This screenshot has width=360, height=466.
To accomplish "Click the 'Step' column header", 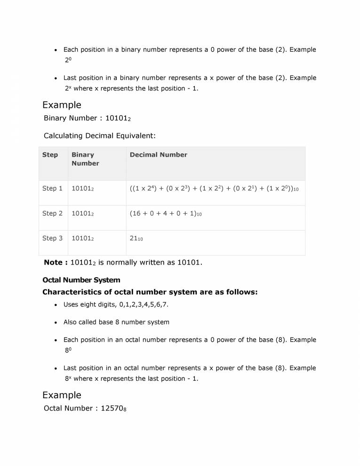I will click(x=50, y=155).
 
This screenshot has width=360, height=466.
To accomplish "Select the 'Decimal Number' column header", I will click(x=158, y=155).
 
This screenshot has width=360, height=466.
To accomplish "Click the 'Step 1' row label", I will click(x=52, y=188).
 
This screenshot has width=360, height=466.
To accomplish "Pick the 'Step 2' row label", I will click(x=52, y=213).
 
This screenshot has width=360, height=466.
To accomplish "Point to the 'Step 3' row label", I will click(x=52, y=238).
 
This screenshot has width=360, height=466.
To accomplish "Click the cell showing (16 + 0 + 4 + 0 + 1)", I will click(x=166, y=214).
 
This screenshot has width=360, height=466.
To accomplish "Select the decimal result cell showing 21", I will click(x=136, y=239).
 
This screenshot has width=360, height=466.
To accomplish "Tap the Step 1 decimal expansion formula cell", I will click(x=214, y=189).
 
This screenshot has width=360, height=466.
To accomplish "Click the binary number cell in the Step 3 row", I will click(x=83, y=239).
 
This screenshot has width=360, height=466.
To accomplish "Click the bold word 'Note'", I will click(x=56, y=262).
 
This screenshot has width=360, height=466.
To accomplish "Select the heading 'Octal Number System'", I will click(x=81, y=281).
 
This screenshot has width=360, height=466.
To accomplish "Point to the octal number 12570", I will click(x=113, y=408).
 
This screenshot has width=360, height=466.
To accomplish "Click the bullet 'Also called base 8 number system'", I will click(x=116, y=322).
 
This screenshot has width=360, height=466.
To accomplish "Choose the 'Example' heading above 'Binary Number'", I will click(x=62, y=105).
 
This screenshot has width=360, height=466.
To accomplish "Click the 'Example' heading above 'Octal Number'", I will click(x=62, y=395).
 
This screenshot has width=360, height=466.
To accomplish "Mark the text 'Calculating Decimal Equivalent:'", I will click(x=99, y=136).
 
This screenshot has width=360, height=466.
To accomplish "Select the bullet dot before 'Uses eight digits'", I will click(x=56, y=305).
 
